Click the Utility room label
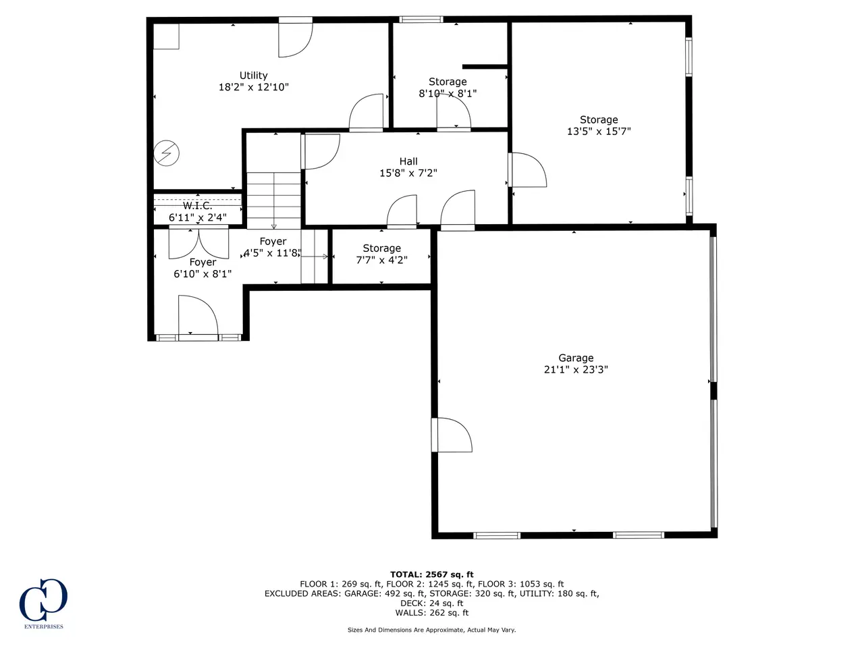coord(254,75)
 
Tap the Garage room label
coord(576,358)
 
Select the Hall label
coord(408,161)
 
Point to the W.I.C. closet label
coord(198,206)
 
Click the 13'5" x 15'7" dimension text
coord(599,132)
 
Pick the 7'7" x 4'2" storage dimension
coord(381,260)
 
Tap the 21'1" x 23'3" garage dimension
coord(576,369)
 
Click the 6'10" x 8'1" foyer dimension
coord(202,274)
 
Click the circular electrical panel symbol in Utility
coord(166,153)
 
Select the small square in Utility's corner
coord(166,36)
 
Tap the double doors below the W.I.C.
coord(198,243)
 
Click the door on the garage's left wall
coord(452,435)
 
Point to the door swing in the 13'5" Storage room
coord(527,170)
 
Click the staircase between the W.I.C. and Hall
coord(273,200)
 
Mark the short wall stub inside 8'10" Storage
coord(485,67)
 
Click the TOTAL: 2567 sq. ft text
coord(432,574)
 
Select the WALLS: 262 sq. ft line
coord(432,613)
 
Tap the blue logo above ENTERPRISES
coord(43,599)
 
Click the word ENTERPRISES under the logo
coord(44,626)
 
